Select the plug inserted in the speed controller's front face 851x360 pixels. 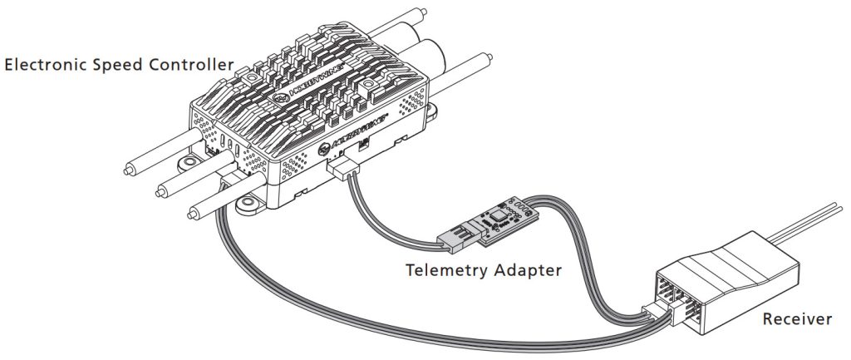(x=342, y=169)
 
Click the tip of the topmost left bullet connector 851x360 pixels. (x=128, y=174)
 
